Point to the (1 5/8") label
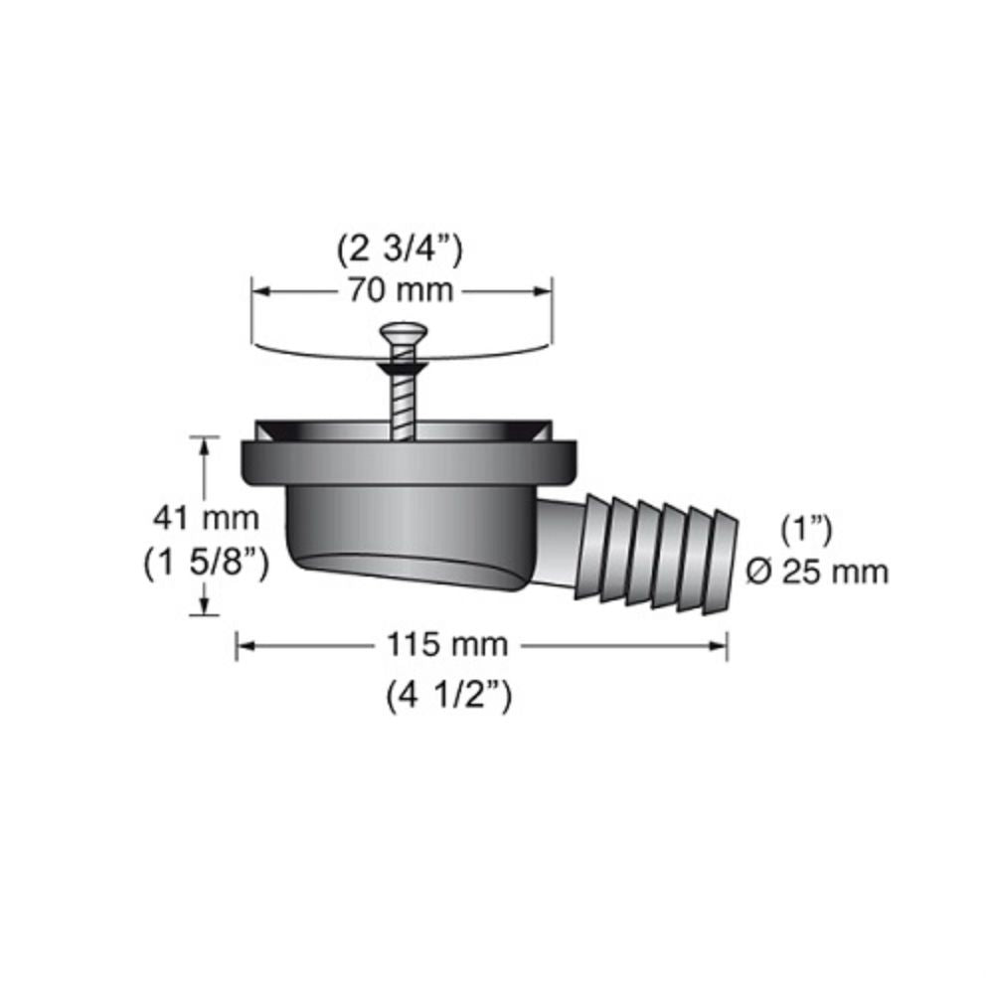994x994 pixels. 206,564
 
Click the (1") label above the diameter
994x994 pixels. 807,530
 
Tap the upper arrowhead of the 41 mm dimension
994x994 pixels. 205,443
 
